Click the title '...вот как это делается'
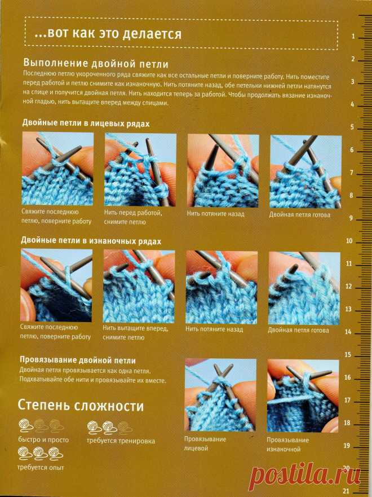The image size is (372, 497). point(108,34)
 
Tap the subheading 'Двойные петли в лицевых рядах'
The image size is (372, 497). point(86,122)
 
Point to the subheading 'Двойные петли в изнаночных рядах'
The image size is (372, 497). point(91,241)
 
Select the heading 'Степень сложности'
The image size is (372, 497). point(81,405)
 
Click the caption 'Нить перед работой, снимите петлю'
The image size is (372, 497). point(134,217)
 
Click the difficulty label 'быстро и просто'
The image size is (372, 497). point(43,439)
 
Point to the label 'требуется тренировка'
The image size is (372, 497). point(121,441)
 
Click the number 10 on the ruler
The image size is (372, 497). point(349,241)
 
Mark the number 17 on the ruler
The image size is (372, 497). point(347,400)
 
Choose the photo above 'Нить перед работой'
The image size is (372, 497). point(140,169)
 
